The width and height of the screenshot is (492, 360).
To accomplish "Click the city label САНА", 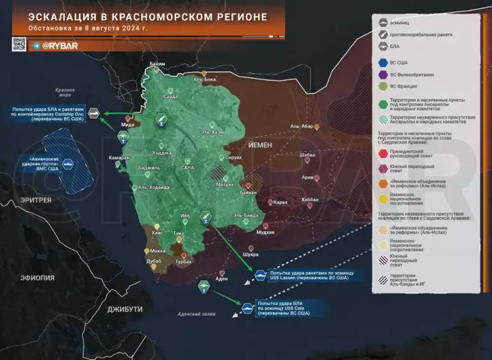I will pos(188,167).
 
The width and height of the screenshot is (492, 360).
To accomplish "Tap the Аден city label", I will pos(222,279).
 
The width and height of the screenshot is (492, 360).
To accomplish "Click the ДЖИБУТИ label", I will pos(124,309).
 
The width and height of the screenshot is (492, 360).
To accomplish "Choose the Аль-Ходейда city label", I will pos(154,187).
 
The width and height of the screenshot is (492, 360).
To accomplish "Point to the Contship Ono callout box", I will pos(46,114).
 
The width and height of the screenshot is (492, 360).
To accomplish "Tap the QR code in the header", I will pos(19,44).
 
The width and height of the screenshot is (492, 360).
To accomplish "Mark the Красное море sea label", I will pos(65,93).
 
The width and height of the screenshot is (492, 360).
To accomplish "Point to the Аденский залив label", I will pos(197,315).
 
